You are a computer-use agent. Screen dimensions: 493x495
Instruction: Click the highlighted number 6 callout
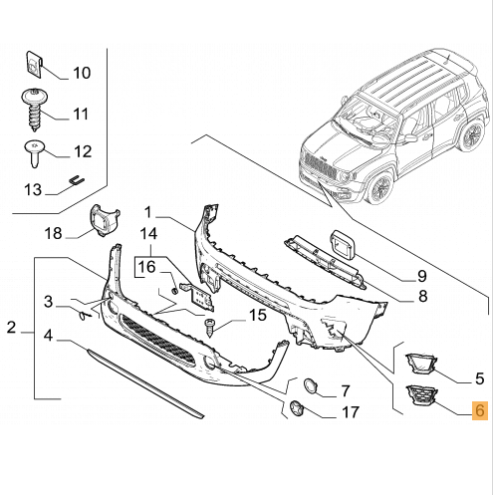tap(480, 410)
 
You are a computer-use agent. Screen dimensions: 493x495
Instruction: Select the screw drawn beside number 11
tap(34, 110)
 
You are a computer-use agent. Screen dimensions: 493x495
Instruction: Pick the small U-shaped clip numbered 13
tap(77, 180)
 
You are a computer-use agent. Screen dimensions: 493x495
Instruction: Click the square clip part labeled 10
tap(35, 64)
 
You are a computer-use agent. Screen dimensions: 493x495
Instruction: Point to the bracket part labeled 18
tap(104, 220)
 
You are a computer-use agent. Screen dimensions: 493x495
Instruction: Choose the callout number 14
tap(148, 234)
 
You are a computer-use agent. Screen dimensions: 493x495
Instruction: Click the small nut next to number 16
tap(175, 291)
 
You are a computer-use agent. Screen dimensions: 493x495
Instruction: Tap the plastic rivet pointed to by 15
tap(209, 327)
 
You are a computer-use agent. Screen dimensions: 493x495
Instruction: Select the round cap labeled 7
tap(311, 386)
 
